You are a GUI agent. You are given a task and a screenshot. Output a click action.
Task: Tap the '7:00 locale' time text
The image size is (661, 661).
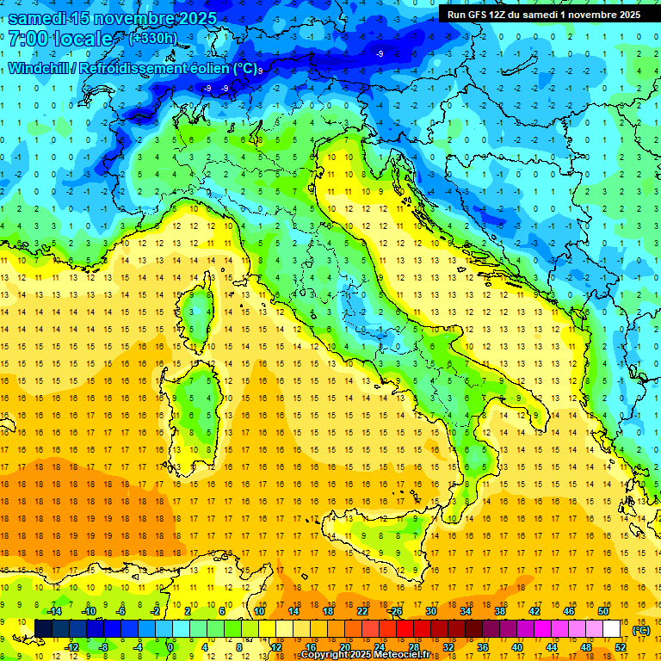tap(60, 39)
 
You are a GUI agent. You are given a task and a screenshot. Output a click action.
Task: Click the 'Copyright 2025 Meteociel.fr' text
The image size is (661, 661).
tap(365, 655)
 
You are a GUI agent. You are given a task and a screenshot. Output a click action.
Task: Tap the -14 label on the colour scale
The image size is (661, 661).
tap(54, 610)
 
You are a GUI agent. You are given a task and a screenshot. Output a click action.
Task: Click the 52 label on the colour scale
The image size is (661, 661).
tap(621, 646)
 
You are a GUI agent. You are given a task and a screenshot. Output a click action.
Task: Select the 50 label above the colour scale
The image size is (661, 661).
tap(603, 610)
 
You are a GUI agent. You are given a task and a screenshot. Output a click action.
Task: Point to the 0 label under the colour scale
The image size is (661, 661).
tap(171, 646)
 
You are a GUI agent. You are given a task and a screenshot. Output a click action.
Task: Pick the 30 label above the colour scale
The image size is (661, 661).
tap(430, 610)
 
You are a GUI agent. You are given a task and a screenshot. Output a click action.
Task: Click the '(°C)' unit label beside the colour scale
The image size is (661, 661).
tap(640, 630)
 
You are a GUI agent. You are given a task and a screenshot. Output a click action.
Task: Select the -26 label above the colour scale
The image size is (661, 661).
tap(395, 610)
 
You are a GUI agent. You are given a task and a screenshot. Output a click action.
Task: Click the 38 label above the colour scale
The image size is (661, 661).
tap(500, 610)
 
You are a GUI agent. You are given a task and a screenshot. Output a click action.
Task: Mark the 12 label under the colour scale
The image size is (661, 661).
tap(275, 646)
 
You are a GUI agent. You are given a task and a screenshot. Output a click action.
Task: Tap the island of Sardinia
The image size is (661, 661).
tap(194, 413)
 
